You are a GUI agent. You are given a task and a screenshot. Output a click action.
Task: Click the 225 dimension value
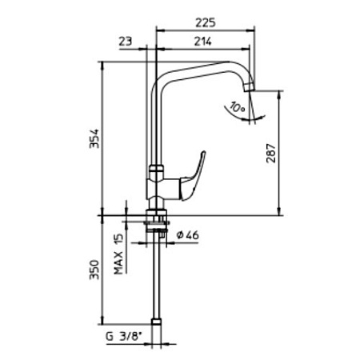[x=206, y=22]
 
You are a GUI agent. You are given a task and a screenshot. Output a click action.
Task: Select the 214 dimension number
[x=202, y=42]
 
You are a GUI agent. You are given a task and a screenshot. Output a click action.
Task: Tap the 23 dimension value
[x=126, y=42]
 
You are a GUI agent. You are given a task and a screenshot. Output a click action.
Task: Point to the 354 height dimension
[x=94, y=138]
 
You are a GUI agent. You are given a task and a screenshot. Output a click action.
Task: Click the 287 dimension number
[x=271, y=154]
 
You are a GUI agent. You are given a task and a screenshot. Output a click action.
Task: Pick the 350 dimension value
[x=94, y=270]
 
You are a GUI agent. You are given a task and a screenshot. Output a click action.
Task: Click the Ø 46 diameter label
[x=188, y=235]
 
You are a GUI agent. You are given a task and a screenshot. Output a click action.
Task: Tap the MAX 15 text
[x=118, y=254]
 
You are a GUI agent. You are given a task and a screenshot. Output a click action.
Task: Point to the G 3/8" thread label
[x=123, y=337]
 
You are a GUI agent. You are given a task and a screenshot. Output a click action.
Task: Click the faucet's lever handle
[x=193, y=177]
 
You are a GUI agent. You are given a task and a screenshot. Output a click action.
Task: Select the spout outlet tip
[x=250, y=87]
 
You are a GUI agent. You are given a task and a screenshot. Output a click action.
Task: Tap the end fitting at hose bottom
[x=156, y=322]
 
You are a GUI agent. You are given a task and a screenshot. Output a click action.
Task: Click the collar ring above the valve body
[x=156, y=169]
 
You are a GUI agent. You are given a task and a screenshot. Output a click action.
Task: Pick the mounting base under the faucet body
[x=157, y=213]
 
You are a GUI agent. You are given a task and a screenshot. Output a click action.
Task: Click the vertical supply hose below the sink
[x=156, y=274]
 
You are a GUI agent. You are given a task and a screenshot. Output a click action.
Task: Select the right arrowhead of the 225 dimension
[x=250, y=30]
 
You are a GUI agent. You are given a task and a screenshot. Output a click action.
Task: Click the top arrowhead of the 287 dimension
[x=279, y=94]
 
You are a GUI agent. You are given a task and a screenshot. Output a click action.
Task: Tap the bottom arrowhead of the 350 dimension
[x=102, y=320]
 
